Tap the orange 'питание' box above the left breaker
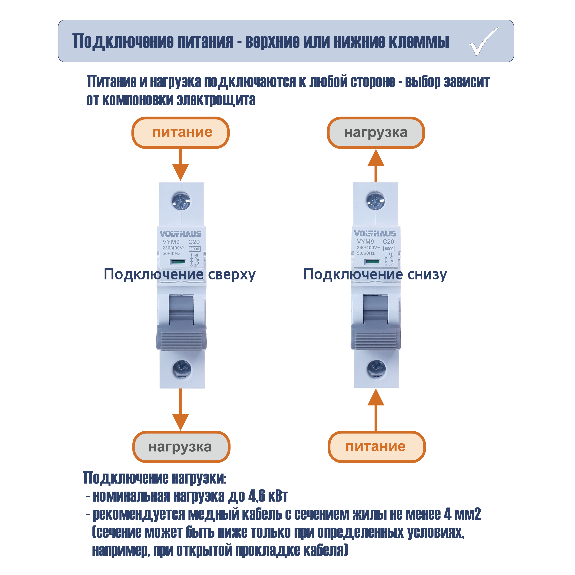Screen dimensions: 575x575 click(180, 132)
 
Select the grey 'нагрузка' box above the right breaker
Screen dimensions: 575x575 click(376, 132)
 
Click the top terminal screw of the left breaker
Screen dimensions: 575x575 click(181, 201)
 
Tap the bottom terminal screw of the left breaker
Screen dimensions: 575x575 click(182, 369)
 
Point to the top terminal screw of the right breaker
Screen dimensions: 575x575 click(376, 201)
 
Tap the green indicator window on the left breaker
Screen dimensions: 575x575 click(178, 262)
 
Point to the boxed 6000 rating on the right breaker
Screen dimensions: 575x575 click(389, 248)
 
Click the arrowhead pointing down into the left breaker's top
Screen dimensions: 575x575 click(180, 172)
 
